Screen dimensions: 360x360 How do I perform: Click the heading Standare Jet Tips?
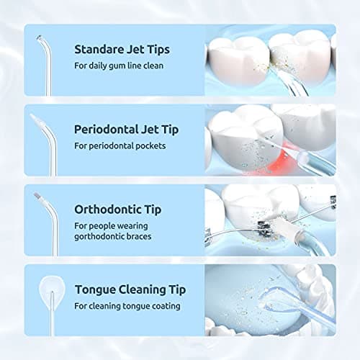(122, 50)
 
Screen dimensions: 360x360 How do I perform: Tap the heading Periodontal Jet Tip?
(126, 130)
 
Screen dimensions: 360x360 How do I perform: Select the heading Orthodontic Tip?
(117, 210)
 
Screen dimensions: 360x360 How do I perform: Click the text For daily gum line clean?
(119, 66)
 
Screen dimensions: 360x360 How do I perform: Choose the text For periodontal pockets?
(120, 146)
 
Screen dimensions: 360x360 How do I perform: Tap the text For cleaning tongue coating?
(127, 306)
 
